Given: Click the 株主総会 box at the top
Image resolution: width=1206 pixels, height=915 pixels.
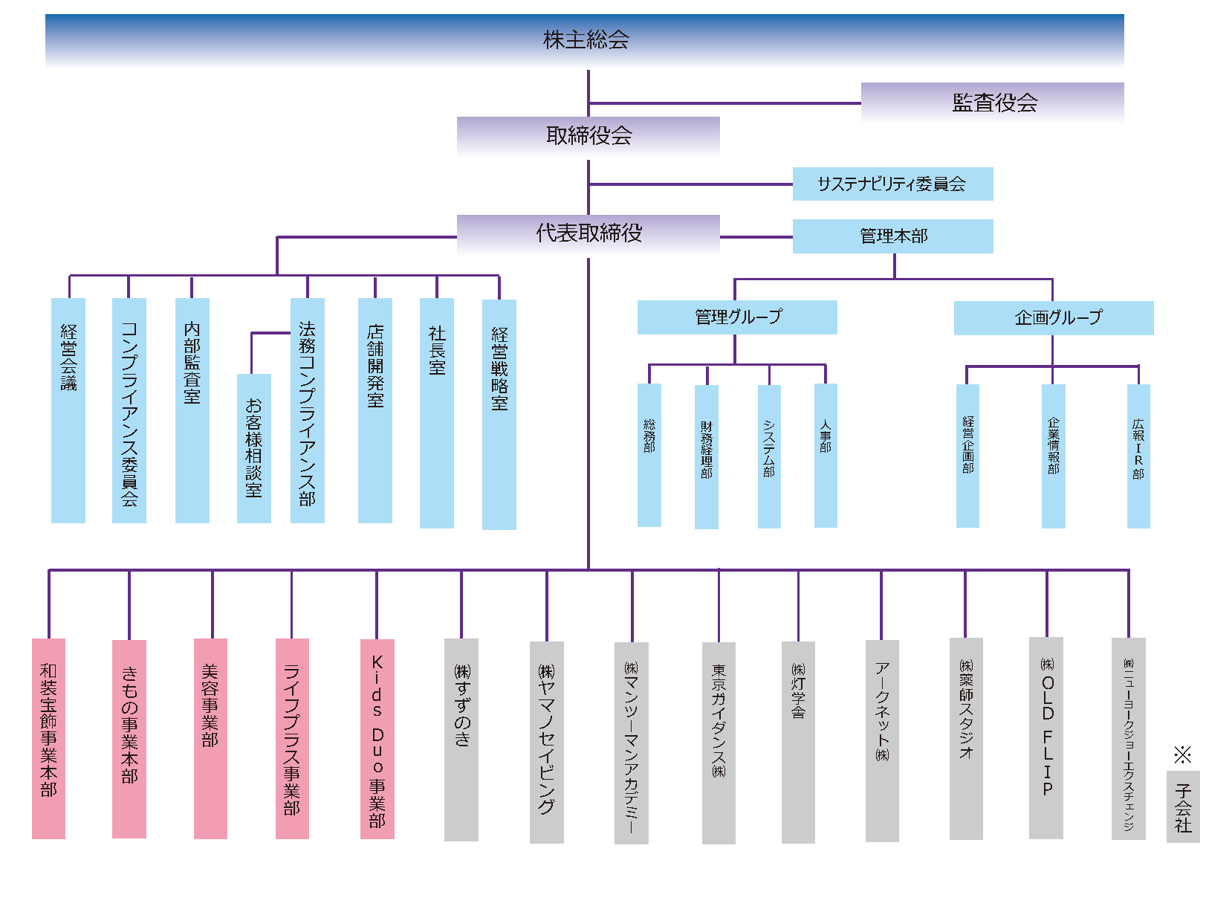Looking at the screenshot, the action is [x=584, y=40].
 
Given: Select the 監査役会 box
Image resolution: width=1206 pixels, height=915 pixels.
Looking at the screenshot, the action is [x=992, y=103].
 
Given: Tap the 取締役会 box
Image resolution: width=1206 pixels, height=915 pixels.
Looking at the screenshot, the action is [x=589, y=136].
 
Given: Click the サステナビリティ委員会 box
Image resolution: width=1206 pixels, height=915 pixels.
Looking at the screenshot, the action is [x=893, y=184].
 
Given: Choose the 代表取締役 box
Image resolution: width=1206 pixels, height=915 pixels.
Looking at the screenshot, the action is [x=589, y=234].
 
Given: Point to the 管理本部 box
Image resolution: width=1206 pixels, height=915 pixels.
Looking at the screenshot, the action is [x=893, y=236].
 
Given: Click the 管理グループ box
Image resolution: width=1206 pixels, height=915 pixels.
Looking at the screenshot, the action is [x=737, y=317].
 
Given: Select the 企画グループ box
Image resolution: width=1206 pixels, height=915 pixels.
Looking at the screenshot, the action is [x=1054, y=317].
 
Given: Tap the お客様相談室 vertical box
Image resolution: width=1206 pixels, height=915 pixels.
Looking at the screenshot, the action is [x=254, y=448].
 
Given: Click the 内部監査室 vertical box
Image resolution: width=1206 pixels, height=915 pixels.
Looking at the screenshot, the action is [x=192, y=410].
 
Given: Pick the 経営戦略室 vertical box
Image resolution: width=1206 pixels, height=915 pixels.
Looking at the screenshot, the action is [x=499, y=414].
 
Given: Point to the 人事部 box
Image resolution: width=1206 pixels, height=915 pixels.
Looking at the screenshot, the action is [x=826, y=456].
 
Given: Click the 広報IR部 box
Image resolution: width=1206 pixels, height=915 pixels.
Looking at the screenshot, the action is [x=1138, y=456].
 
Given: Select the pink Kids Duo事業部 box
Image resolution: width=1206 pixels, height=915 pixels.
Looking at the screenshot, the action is [x=377, y=739].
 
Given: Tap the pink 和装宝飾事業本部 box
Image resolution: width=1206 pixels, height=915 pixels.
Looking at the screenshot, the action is [x=49, y=739].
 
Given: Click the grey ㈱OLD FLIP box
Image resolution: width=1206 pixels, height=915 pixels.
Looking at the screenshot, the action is [x=1046, y=738].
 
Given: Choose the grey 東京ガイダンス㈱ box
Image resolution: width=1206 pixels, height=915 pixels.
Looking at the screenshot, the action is [x=719, y=743].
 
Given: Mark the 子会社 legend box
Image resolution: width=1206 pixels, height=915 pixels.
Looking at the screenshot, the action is [x=1183, y=806].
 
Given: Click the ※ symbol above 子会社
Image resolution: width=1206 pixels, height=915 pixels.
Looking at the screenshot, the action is [x=1182, y=754].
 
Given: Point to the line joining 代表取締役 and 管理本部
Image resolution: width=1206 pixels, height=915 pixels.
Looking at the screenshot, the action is [x=756, y=237].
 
